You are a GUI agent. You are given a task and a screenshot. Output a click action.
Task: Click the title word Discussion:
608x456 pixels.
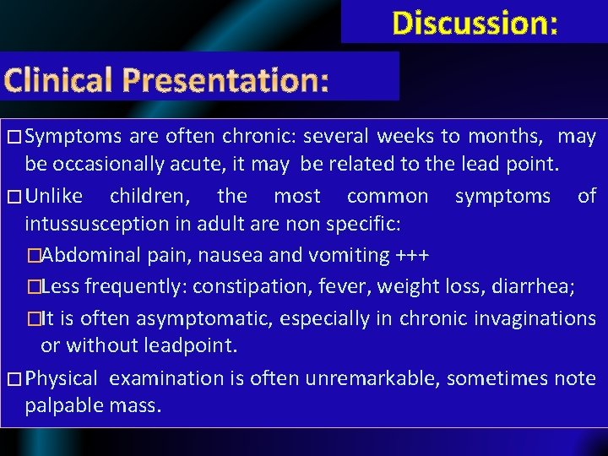click(475, 23)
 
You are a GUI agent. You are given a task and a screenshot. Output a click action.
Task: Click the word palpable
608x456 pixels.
click(64, 406)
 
